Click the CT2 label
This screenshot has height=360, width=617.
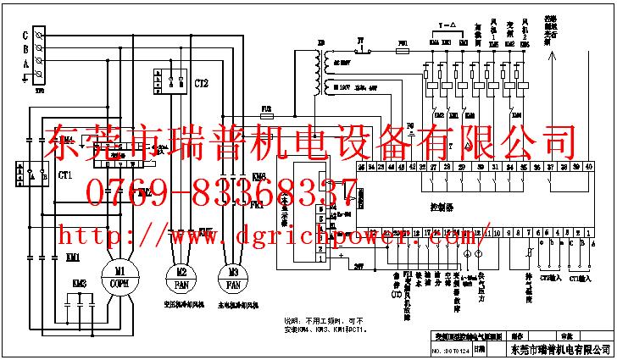201,83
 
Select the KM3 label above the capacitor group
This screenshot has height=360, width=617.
80,283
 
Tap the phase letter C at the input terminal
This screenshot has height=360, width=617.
25,36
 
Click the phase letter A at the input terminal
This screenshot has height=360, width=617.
25,63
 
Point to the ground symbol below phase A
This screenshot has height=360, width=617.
25,76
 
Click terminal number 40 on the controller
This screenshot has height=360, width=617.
588,168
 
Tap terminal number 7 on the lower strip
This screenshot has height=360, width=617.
528,231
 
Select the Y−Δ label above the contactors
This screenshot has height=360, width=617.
449,25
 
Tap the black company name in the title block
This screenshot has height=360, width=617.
562,348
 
